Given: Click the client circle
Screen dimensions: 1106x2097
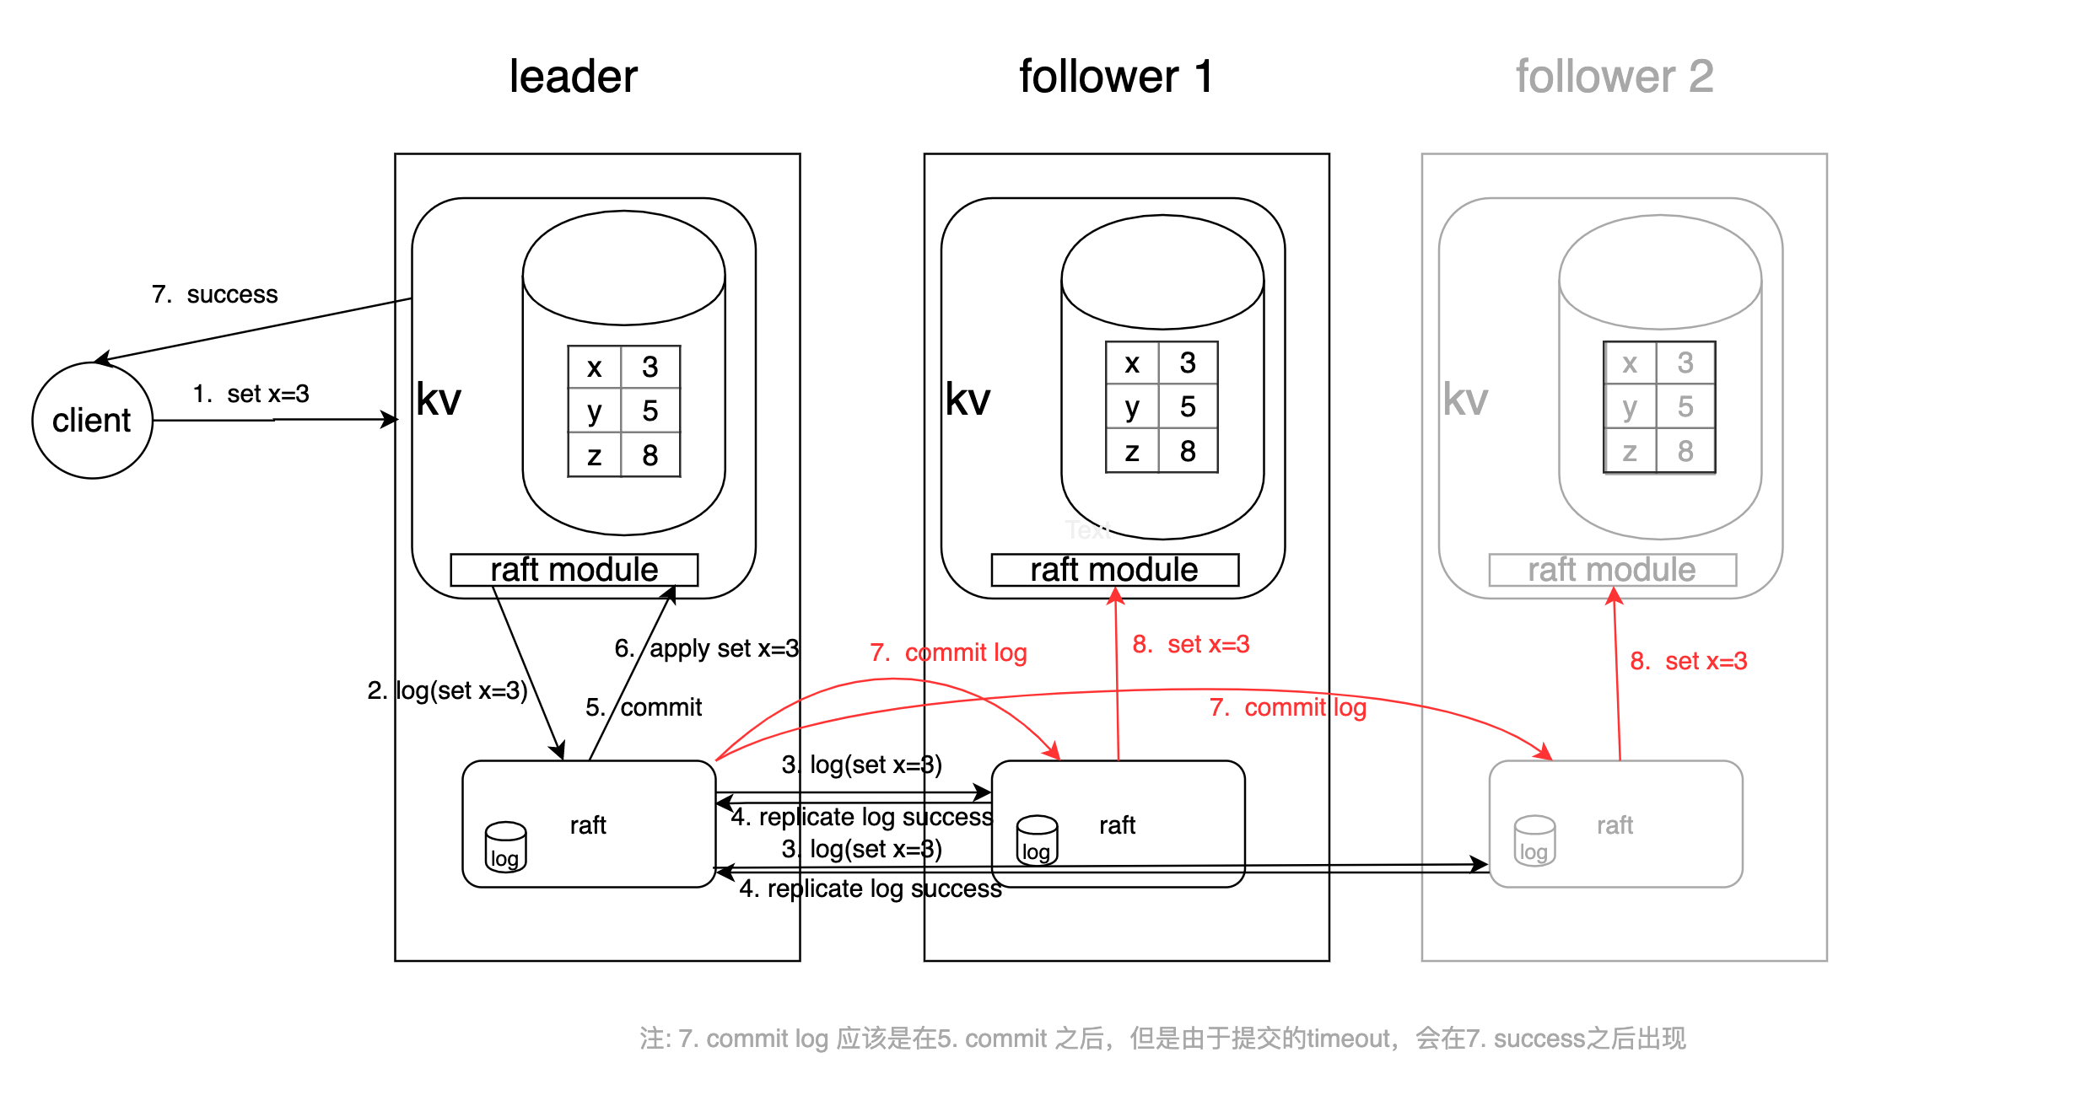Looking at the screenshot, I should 92,420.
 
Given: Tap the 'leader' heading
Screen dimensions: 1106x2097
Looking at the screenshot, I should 573,77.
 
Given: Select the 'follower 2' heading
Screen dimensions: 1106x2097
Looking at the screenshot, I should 1614,77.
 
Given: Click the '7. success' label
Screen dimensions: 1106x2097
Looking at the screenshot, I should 214,294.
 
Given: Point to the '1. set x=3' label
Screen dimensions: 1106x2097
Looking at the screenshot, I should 251,394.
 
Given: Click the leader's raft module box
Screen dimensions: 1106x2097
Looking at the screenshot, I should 574,570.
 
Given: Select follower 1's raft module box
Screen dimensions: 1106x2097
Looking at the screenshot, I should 1113,570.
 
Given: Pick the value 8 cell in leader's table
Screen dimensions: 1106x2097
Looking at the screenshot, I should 650,455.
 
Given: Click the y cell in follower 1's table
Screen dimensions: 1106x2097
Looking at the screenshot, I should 1132,407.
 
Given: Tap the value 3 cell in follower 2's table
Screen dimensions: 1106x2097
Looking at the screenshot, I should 1685,362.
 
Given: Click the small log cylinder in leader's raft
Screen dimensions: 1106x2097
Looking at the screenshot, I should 505,847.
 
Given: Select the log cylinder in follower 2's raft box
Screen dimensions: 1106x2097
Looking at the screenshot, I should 1534,840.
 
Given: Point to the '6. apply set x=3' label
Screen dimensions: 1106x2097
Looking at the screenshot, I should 707,648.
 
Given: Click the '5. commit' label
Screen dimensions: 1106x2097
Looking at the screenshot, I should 644,707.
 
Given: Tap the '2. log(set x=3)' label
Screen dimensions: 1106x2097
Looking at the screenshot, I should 447,690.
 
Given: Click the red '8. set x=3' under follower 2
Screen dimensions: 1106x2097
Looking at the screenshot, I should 1688,661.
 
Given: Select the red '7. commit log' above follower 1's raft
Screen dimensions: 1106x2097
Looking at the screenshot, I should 948,652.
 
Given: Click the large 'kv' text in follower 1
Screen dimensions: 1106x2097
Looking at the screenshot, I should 968,399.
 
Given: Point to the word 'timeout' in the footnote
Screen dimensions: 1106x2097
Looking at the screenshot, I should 1348,1039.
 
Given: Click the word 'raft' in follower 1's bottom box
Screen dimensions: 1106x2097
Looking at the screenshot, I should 1117,825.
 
